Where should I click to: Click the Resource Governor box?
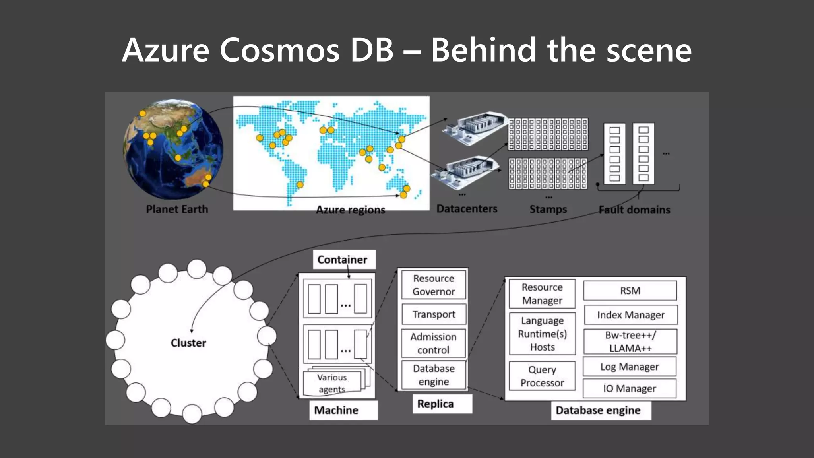(433, 285)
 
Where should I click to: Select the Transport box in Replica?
(433, 314)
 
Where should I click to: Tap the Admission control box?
(433, 343)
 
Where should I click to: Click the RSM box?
(630, 291)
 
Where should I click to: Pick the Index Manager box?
(630, 315)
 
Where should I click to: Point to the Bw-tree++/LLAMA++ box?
(630, 342)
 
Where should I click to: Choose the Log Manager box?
(630, 367)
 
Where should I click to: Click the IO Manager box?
(630, 388)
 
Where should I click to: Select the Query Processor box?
(542, 376)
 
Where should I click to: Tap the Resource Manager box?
(542, 294)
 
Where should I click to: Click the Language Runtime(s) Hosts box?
(542, 334)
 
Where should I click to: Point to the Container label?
(342, 260)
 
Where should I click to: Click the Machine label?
(336, 410)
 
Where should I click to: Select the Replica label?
(436, 404)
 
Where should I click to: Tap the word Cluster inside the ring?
(188, 343)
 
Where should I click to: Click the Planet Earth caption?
(177, 209)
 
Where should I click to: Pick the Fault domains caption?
(634, 210)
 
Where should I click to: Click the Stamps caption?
(548, 209)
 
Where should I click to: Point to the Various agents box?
(332, 383)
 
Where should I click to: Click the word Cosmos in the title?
(279, 50)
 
